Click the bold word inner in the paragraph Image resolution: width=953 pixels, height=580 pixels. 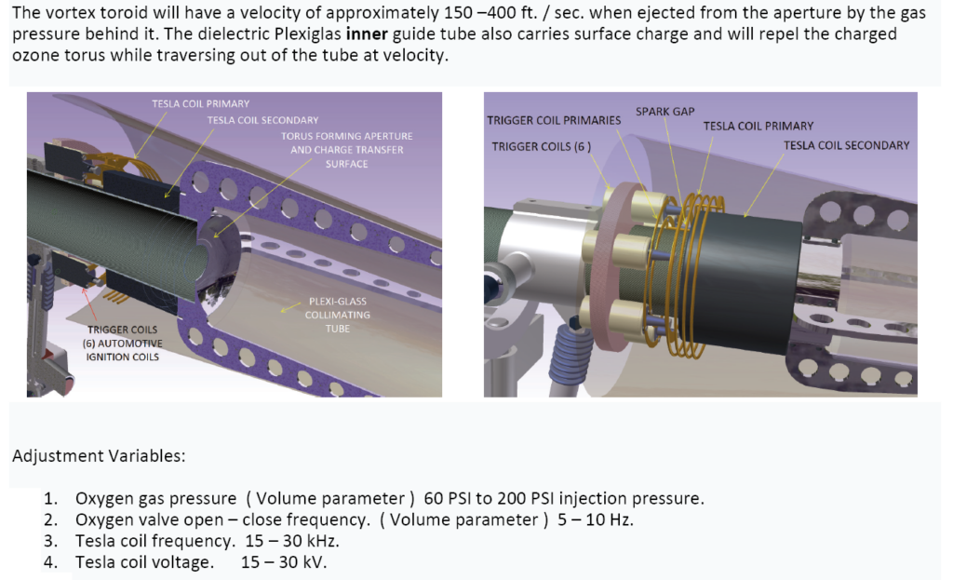[367, 34]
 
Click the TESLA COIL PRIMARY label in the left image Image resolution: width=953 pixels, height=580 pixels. [201, 104]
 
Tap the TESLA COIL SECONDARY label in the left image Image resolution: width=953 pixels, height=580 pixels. [262, 120]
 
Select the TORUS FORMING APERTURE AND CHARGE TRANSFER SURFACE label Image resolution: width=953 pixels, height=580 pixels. [346, 150]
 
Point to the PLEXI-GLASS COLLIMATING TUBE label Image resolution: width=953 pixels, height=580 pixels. [337, 315]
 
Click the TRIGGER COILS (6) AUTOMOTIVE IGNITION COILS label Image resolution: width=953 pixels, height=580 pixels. [122, 344]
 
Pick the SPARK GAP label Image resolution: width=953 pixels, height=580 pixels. [664, 112]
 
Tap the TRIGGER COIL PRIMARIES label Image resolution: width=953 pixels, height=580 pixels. [554, 120]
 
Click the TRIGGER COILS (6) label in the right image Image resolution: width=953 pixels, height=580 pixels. [541, 146]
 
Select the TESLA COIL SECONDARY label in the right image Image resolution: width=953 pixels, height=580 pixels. [846, 145]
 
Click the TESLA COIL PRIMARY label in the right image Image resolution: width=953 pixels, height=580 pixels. [758, 126]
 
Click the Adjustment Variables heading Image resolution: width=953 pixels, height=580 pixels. [99, 456]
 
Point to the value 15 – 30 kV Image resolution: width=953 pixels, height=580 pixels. [284, 562]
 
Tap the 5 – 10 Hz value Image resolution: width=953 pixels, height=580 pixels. [596, 519]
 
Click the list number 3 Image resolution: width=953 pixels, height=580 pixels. [50, 541]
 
